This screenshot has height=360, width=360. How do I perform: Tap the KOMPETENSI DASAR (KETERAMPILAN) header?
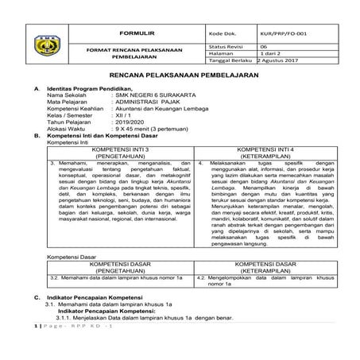[x=263, y=265]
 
